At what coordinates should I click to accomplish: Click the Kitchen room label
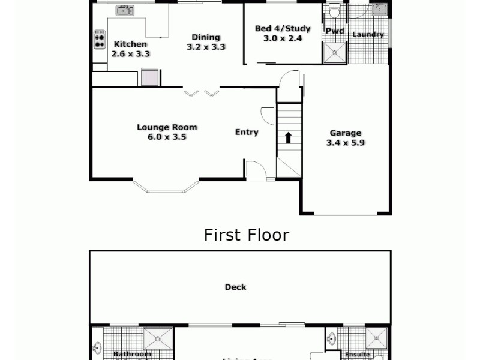130,44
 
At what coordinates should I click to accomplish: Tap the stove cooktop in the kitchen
99,40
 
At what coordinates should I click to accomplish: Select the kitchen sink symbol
125,10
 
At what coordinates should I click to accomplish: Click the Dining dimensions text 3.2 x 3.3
206,47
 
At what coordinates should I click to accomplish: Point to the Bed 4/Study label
283,28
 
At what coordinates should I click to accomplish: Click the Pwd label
334,31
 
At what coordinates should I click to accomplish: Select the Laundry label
368,34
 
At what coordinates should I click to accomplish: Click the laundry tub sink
379,9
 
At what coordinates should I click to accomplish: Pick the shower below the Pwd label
335,53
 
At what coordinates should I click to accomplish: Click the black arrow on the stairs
288,137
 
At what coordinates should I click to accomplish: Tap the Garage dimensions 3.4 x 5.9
346,143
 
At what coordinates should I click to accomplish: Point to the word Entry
247,132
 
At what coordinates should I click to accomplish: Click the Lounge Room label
167,127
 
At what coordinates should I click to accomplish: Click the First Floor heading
246,235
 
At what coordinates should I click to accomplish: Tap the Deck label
235,287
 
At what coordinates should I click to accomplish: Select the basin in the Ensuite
332,340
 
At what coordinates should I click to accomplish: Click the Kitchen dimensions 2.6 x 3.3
130,53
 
